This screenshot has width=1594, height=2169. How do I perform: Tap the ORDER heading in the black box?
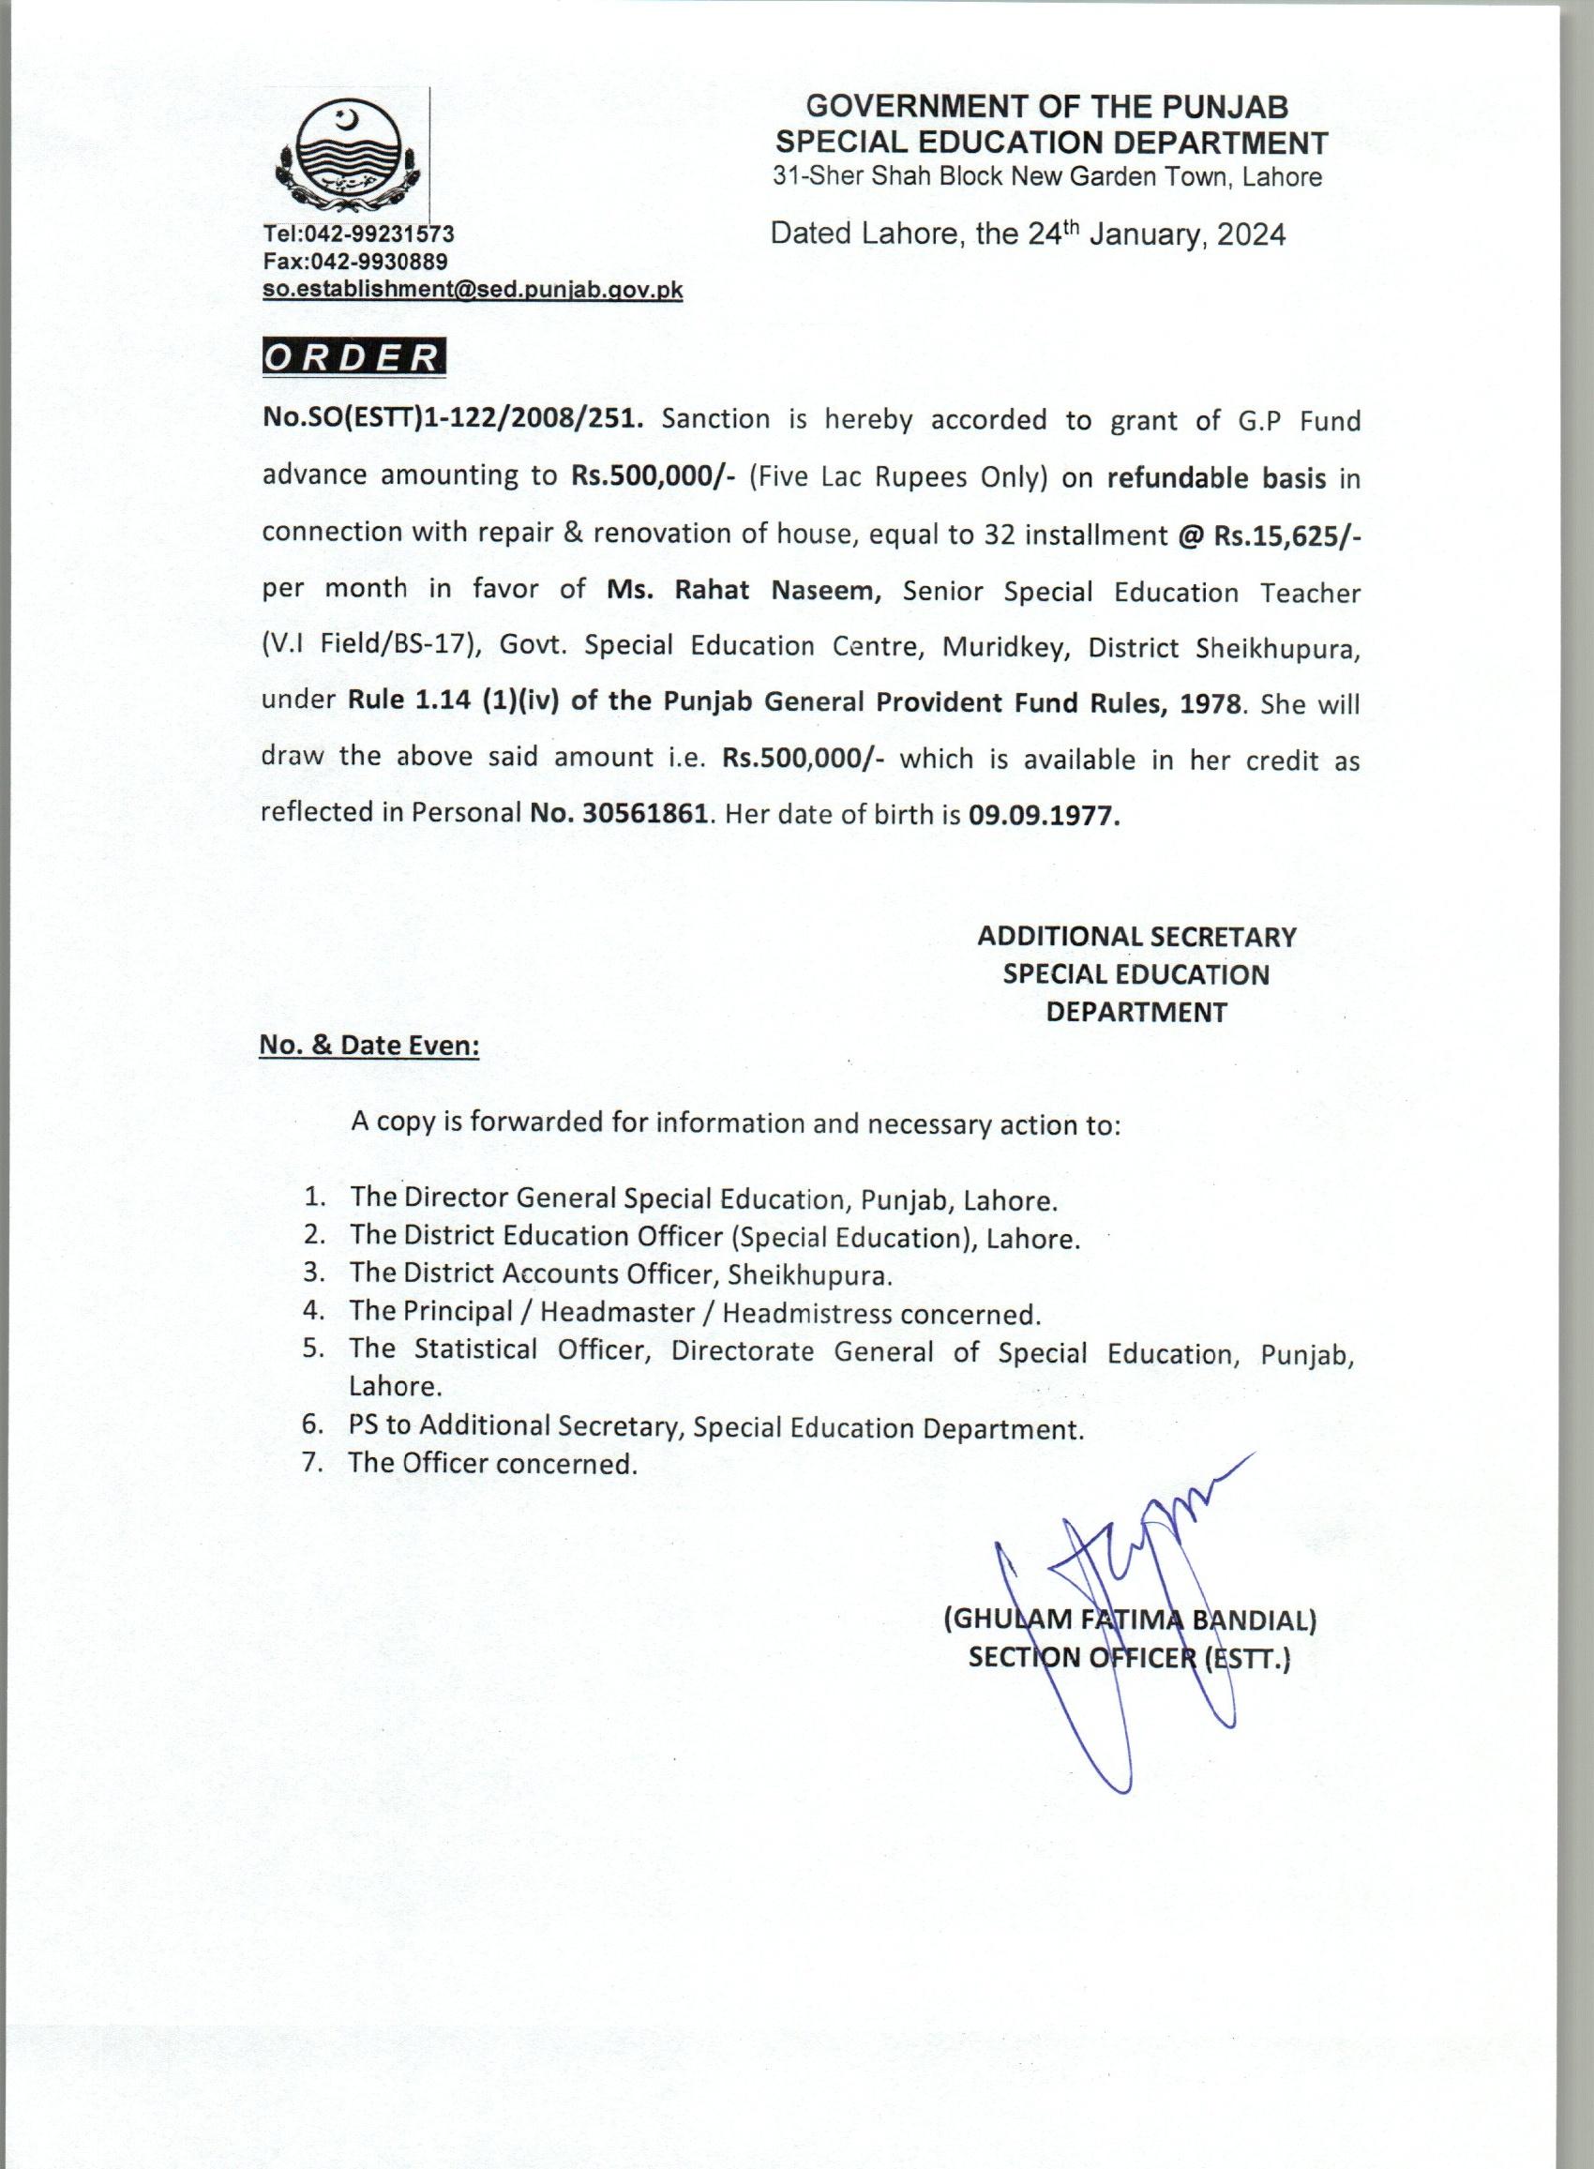point(353,357)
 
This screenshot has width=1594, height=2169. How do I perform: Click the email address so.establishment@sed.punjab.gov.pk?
point(473,290)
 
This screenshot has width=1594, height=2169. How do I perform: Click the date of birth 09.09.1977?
point(1045,815)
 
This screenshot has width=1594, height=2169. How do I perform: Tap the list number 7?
point(310,1463)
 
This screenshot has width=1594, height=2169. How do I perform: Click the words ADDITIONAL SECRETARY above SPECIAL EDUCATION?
point(1135,936)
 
